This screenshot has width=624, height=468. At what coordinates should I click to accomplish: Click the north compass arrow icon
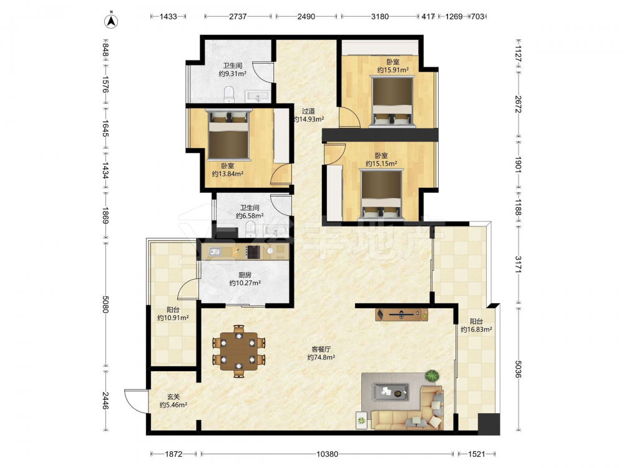coord(112,21)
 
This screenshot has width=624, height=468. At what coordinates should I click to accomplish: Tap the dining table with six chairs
coord(238,351)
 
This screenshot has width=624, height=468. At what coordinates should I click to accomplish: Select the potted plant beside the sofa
coord(431,376)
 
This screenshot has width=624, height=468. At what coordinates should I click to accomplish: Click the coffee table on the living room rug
coord(391,392)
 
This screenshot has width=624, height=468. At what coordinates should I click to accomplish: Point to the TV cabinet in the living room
coord(401,314)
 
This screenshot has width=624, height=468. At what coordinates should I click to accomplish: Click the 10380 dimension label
coord(327,454)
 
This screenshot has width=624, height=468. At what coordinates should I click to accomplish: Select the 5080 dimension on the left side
coord(105,304)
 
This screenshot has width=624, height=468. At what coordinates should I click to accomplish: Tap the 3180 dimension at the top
coord(379,17)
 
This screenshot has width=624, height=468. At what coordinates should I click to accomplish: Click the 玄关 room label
coord(173,397)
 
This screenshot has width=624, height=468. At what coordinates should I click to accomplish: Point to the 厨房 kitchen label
coord(245,275)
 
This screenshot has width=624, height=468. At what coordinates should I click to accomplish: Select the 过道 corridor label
coord(308,111)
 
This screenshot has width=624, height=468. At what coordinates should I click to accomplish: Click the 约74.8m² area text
coord(321,358)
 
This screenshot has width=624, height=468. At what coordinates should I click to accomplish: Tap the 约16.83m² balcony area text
coord(476,329)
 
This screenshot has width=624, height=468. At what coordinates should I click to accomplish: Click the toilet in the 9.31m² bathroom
coord(229,94)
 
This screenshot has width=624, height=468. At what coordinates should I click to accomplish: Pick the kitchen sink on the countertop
coord(215,251)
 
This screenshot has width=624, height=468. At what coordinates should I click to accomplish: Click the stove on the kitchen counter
coord(253,252)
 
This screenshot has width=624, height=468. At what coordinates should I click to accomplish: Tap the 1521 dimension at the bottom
coord(476,454)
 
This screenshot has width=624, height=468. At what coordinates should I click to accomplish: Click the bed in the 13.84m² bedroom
coord(229,135)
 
